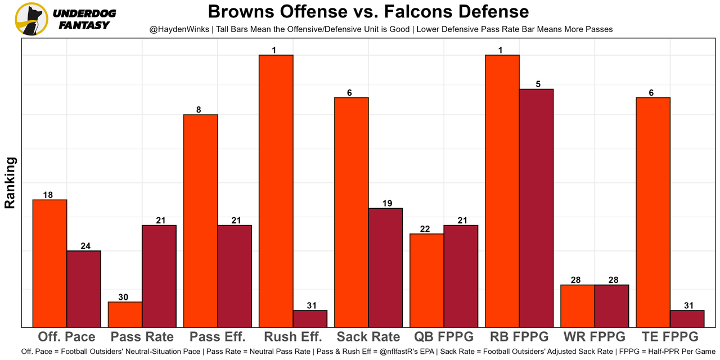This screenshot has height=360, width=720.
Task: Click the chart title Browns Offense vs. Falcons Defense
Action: click(368, 12)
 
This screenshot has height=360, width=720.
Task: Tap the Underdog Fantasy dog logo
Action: click(31, 19)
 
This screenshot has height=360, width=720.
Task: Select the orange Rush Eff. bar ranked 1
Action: click(276, 191)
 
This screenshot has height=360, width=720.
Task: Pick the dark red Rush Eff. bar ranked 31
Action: click(310, 318)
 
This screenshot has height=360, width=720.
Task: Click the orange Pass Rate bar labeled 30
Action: click(125, 314)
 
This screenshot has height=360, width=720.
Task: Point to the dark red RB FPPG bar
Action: click(536, 208)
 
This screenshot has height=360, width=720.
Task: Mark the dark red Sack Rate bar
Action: click(385, 267)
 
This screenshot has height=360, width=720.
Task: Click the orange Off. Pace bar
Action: click(50, 263)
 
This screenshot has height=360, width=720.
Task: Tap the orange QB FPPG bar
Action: click(426, 280)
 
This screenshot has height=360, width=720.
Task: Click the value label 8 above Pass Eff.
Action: click(199, 110)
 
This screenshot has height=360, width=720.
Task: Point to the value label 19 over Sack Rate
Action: click(386, 204)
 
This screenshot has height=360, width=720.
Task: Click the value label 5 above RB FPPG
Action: click(538, 84)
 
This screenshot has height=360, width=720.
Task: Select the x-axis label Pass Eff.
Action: click(218, 337)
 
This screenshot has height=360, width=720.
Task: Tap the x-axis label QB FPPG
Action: click(444, 337)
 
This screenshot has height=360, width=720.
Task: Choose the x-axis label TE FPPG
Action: click(670, 337)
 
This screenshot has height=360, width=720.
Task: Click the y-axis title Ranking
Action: click(10, 183)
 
